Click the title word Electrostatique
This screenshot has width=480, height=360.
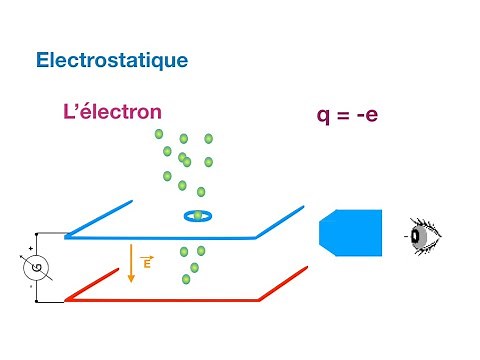point(111,60)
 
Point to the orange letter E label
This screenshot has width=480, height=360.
point(147,264)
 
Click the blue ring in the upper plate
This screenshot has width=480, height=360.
point(198,215)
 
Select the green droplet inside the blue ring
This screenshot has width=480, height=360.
point(198,214)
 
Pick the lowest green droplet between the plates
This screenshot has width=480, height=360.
point(187,279)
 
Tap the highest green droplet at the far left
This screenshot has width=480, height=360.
point(158,133)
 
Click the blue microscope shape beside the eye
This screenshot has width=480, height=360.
point(350,234)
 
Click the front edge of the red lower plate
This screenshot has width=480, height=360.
point(160,299)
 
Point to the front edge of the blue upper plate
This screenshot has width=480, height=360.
point(160,237)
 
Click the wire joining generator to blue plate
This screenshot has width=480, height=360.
point(45,237)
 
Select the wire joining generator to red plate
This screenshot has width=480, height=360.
point(45,299)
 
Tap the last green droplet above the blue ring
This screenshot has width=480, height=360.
point(201,192)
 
